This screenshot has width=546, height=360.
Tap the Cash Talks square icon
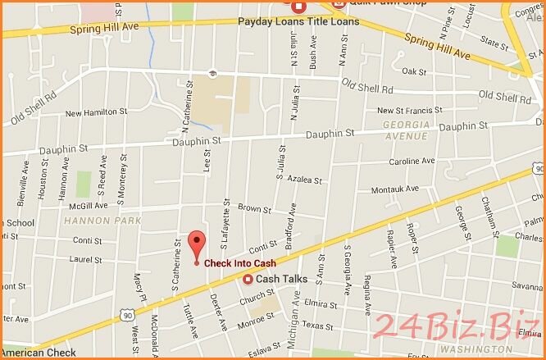click(x=248, y=279)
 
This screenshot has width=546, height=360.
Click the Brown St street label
click(x=254, y=209)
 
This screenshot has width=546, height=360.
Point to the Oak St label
click(x=416, y=71)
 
